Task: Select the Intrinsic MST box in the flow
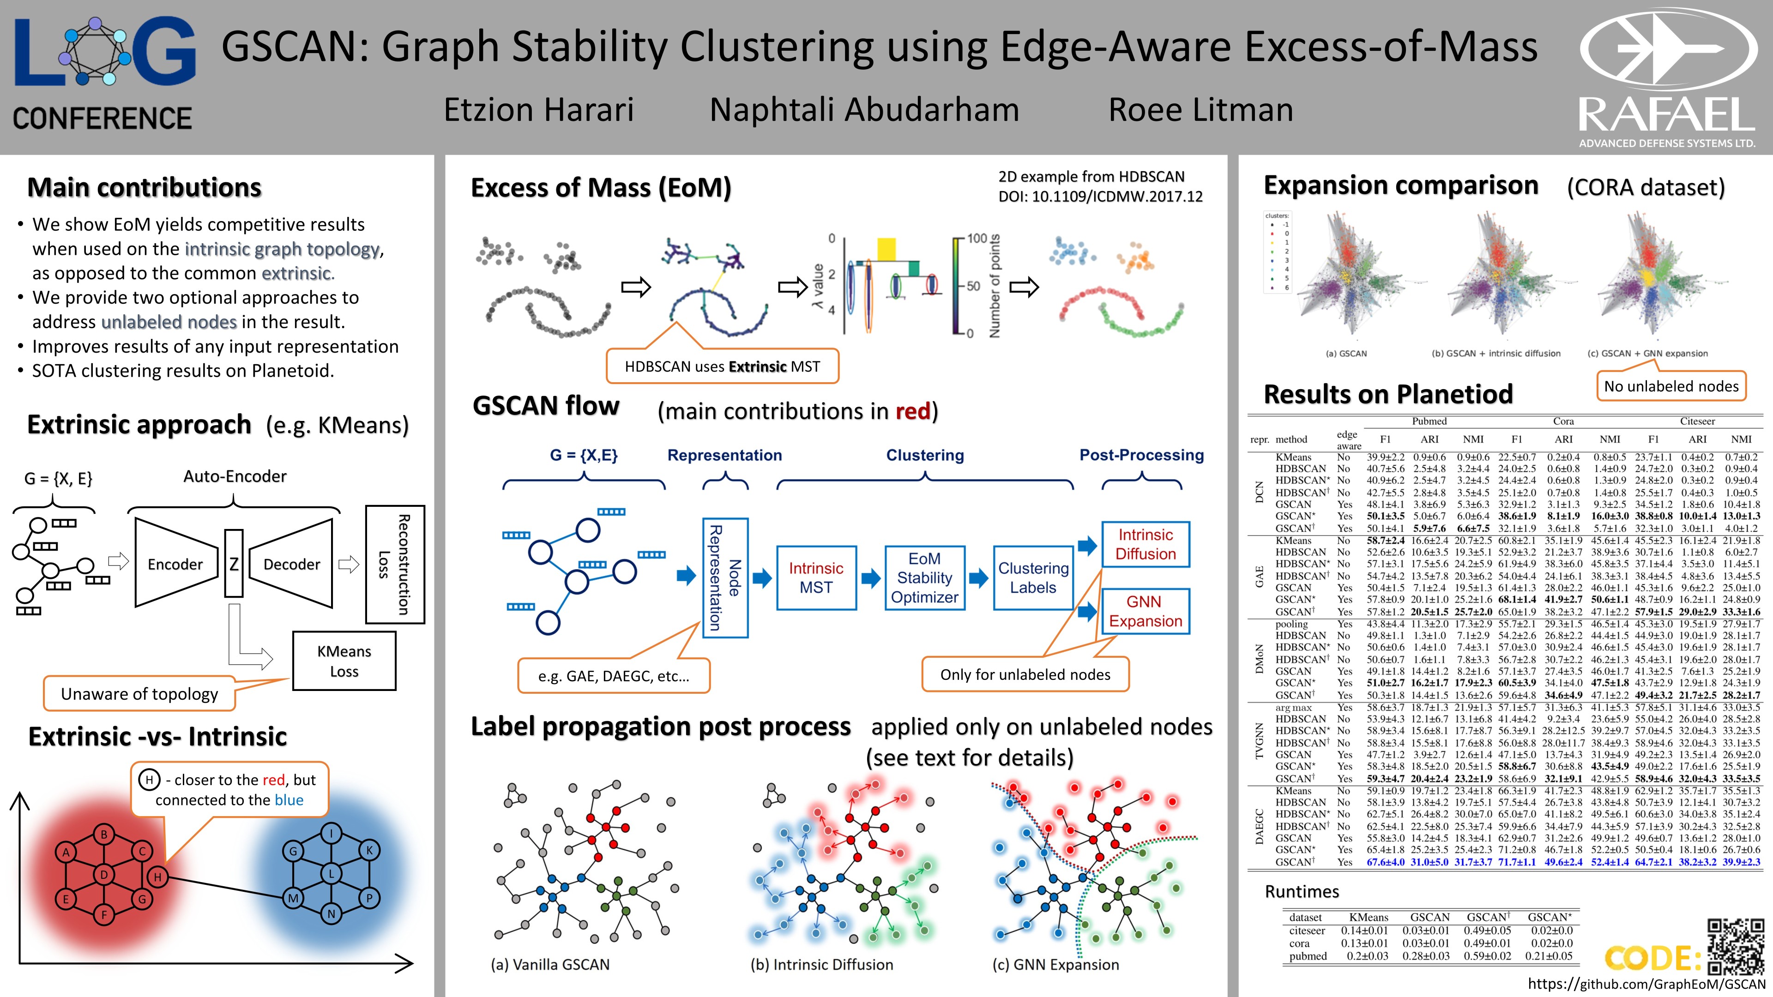tap(816, 578)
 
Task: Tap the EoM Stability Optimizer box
tap(924, 578)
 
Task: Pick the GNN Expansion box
tap(1145, 612)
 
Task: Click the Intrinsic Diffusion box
tap(1145, 544)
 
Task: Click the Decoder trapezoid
tap(291, 564)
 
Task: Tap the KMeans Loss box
tap(344, 661)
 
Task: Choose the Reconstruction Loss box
tap(394, 564)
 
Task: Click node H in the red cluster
tap(157, 877)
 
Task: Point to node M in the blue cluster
tap(293, 897)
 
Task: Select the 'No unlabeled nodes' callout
tap(1671, 386)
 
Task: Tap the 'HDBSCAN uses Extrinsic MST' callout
tap(722, 366)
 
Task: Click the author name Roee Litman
tap(1200, 110)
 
